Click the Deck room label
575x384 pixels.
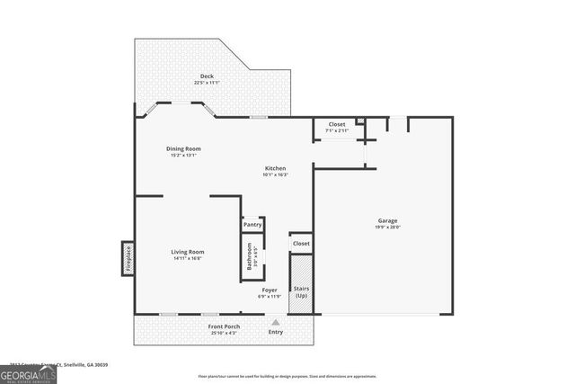207,76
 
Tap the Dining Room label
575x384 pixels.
182,148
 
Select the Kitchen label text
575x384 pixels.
275,168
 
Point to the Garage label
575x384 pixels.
387,220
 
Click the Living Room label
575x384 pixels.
188,252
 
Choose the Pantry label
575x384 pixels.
252,224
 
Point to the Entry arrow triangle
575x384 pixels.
276,321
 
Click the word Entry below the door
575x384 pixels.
276,332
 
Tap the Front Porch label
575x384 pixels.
200,325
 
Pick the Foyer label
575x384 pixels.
270,290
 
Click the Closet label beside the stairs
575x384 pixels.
301,243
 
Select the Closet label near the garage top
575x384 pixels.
337,124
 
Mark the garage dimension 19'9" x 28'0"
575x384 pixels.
387,228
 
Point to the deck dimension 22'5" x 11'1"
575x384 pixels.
207,83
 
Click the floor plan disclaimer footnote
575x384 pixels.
287,376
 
